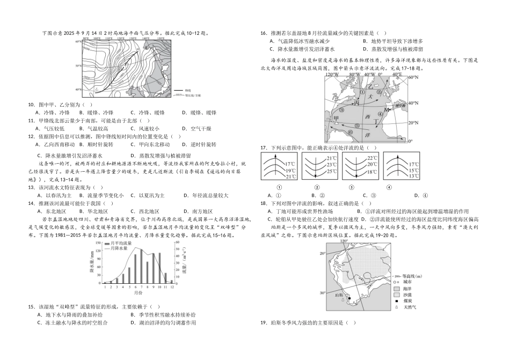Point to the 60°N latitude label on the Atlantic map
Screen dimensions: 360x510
(412, 78)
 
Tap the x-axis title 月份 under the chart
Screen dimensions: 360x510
(139, 293)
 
